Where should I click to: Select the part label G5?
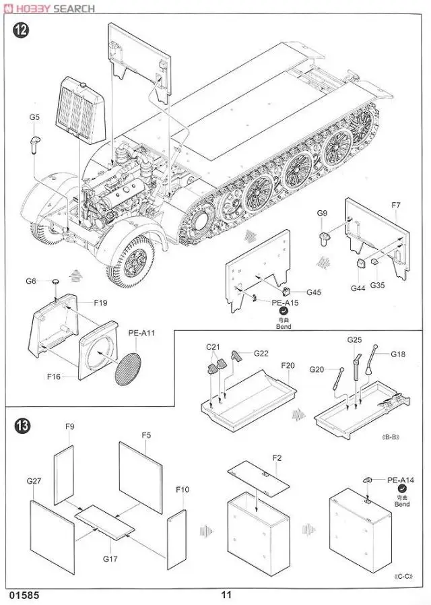[x=34, y=117]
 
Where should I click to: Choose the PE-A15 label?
[x=285, y=303]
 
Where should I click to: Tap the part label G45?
[x=314, y=292]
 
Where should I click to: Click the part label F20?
[x=288, y=366]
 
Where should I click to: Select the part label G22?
[x=261, y=353]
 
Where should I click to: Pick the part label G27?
[x=34, y=481]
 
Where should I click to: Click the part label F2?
[x=277, y=458]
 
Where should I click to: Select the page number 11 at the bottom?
[x=226, y=595]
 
